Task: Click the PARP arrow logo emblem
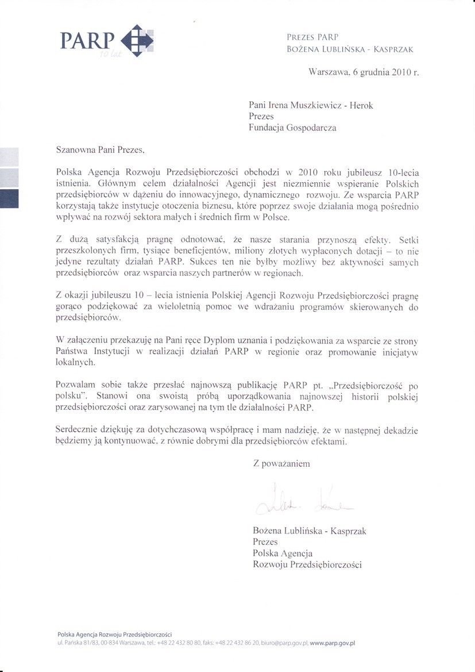(138, 40)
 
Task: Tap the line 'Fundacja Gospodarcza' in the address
(292, 128)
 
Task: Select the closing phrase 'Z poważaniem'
(281, 463)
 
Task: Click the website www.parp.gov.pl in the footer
(333, 643)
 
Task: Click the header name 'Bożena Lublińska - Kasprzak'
(350, 49)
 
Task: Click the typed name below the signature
(309, 531)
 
